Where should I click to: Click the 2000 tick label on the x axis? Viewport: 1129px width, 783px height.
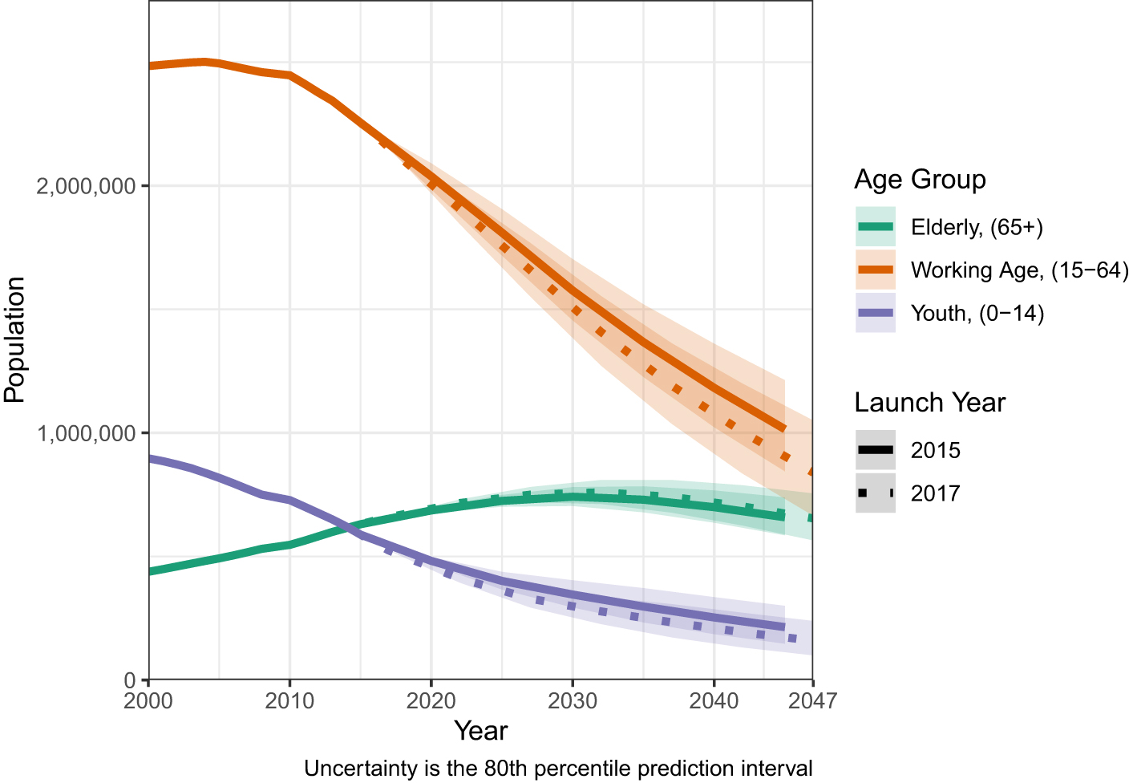click(149, 701)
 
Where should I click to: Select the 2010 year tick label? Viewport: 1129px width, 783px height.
click(289, 701)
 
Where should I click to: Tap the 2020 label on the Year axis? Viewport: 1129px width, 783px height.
click(431, 701)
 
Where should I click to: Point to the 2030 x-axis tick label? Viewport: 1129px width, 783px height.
click(573, 701)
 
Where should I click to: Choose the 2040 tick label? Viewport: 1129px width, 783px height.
click(714, 701)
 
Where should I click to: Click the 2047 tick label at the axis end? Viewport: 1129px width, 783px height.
click(813, 701)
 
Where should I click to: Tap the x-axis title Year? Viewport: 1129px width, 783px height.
click(480, 731)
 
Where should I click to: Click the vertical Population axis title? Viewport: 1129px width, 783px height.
click(15, 339)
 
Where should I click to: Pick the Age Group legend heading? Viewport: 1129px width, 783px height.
click(920, 179)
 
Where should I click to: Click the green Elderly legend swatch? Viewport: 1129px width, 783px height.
click(876, 227)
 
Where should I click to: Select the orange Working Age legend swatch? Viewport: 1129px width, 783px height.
click(876, 270)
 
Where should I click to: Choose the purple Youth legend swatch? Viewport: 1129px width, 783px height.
click(876, 312)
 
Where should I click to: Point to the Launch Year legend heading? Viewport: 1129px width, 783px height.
click(929, 402)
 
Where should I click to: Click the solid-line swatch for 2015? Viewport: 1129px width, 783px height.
click(876, 450)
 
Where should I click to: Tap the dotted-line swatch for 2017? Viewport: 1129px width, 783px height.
click(876, 493)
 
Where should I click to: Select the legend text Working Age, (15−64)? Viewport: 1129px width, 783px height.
click(1019, 270)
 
